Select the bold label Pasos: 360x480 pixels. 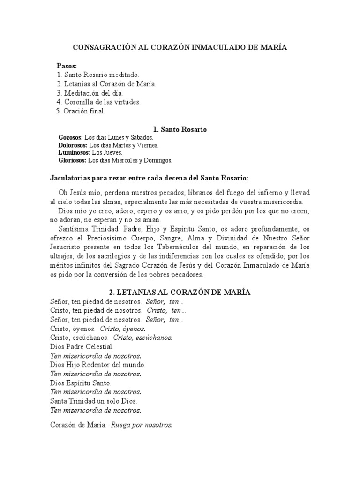(67, 66)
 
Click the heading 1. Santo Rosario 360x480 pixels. (180, 129)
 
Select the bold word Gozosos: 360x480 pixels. (70, 138)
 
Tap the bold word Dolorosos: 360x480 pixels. (73, 145)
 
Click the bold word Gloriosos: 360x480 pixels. (72, 160)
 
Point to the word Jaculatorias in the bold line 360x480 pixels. (71, 178)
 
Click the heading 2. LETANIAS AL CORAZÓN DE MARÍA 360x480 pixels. (180, 292)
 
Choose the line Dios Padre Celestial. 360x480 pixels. (82, 347)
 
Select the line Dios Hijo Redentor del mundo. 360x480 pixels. (97, 365)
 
